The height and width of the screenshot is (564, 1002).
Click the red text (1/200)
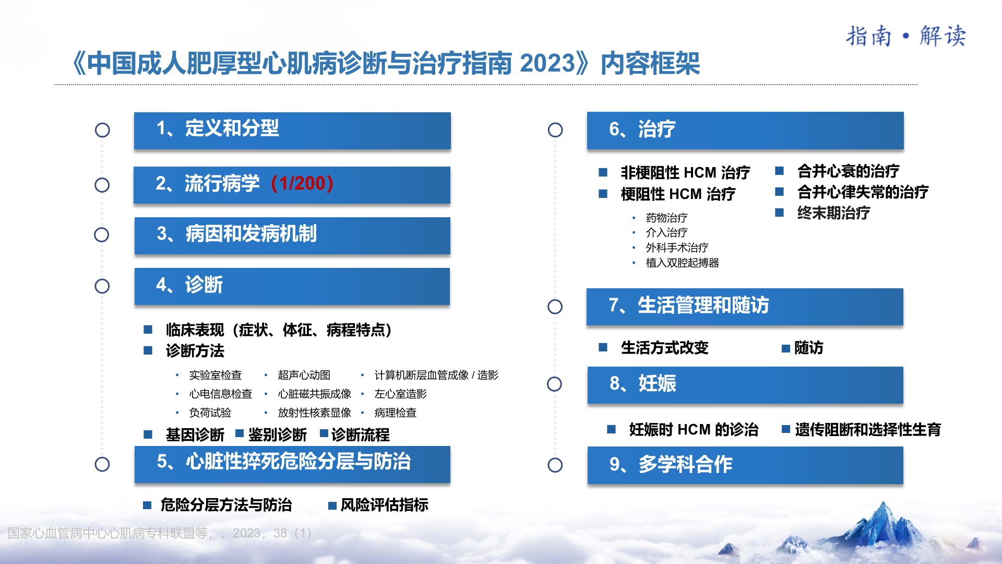pyautogui.click(x=302, y=183)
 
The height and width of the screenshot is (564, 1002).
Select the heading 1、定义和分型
pyautogui.click(x=218, y=128)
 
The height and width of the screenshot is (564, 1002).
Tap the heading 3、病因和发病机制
pyautogui.click(x=237, y=234)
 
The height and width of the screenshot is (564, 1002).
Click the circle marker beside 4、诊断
pyautogui.click(x=102, y=286)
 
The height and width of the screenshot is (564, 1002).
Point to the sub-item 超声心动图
pyautogui.click(x=304, y=375)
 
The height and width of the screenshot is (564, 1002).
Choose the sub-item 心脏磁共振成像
pyautogui.click(x=315, y=394)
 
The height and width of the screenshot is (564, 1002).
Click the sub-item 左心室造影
pyautogui.click(x=401, y=394)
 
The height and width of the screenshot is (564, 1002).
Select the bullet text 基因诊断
pyautogui.click(x=195, y=434)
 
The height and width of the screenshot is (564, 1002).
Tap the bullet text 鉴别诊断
pyautogui.click(x=278, y=434)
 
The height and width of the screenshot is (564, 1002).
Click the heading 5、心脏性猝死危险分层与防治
pyautogui.click(x=284, y=462)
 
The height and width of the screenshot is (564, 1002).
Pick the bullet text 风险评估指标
pyautogui.click(x=385, y=504)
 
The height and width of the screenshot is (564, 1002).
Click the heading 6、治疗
pyautogui.click(x=642, y=129)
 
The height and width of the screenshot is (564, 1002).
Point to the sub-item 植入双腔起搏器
pyautogui.click(x=683, y=263)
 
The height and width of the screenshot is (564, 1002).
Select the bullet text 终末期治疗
pyautogui.click(x=834, y=213)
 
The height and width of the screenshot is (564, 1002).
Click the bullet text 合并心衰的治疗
pyautogui.click(x=849, y=171)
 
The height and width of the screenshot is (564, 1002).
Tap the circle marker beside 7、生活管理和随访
pyautogui.click(x=555, y=307)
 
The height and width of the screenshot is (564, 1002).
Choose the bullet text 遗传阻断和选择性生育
pyautogui.click(x=868, y=430)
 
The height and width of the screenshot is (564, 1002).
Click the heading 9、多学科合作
pyautogui.click(x=671, y=464)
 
